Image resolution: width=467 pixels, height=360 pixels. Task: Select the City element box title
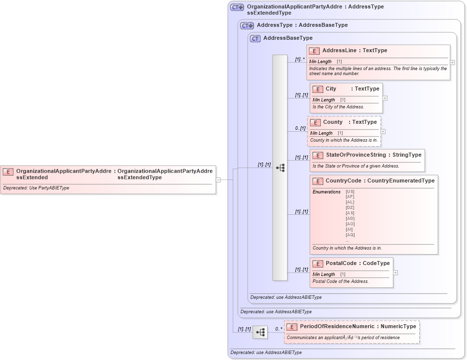pos(331,89)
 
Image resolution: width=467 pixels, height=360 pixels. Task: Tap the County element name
pos(333,122)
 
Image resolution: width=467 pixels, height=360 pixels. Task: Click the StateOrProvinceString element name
pos(355,155)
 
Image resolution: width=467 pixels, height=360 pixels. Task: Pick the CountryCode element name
pos(344,181)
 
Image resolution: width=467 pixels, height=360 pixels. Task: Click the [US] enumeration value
pos(350,191)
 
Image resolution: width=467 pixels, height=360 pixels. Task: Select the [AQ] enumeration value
pos(350,235)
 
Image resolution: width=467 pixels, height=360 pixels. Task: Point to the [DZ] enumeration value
pos(350,207)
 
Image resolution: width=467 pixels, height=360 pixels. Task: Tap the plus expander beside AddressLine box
pos(452,63)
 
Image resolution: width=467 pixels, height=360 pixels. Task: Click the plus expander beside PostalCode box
pos(395,272)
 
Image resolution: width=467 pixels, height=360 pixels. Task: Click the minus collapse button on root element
pos(218,180)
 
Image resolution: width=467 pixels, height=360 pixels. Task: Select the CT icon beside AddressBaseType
pos(256,38)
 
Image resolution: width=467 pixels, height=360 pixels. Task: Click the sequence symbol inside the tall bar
pos(280,168)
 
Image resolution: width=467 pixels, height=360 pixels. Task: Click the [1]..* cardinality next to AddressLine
pos(299,59)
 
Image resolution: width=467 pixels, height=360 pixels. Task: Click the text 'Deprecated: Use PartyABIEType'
pos(36,188)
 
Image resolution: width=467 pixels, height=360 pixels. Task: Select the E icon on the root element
pos(8,172)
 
